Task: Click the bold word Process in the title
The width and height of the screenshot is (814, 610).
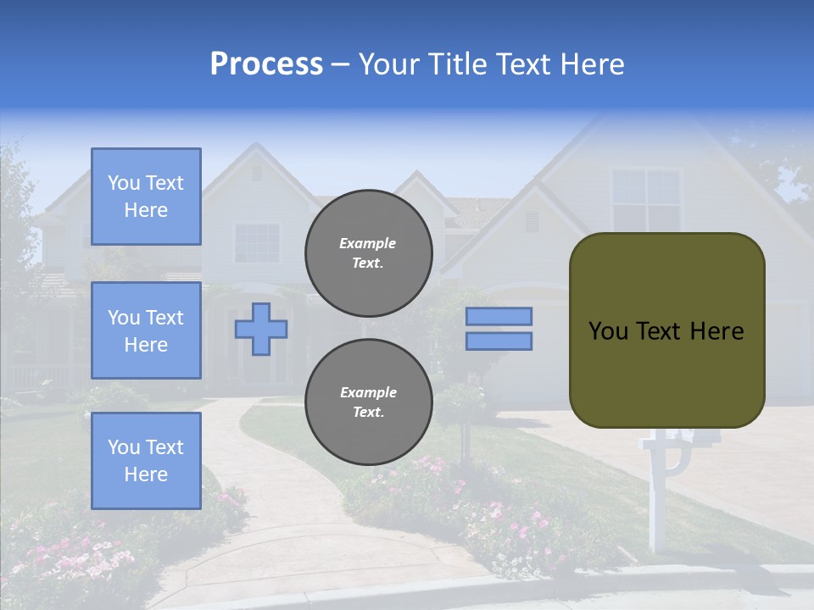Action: tap(266, 64)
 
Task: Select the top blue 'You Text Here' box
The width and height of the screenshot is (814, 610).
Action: tap(146, 197)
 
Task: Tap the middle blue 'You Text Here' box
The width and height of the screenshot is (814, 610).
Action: tap(146, 330)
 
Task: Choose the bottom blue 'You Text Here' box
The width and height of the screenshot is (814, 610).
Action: tap(146, 461)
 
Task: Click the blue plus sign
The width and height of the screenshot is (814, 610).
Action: tap(261, 329)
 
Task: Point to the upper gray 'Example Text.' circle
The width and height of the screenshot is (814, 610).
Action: tap(368, 252)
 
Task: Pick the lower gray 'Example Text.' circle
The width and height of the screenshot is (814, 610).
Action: tap(368, 402)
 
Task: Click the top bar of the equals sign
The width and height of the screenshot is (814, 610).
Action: tap(499, 317)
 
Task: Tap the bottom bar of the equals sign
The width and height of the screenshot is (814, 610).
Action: tap(499, 341)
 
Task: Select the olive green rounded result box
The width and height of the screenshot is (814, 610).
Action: tap(666, 330)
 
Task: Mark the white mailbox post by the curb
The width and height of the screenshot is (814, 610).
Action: tap(653, 500)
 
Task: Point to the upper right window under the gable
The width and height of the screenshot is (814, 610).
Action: tap(646, 200)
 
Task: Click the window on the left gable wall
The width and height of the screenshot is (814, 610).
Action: tap(256, 242)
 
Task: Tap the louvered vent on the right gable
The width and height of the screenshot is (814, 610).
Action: tap(532, 221)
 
